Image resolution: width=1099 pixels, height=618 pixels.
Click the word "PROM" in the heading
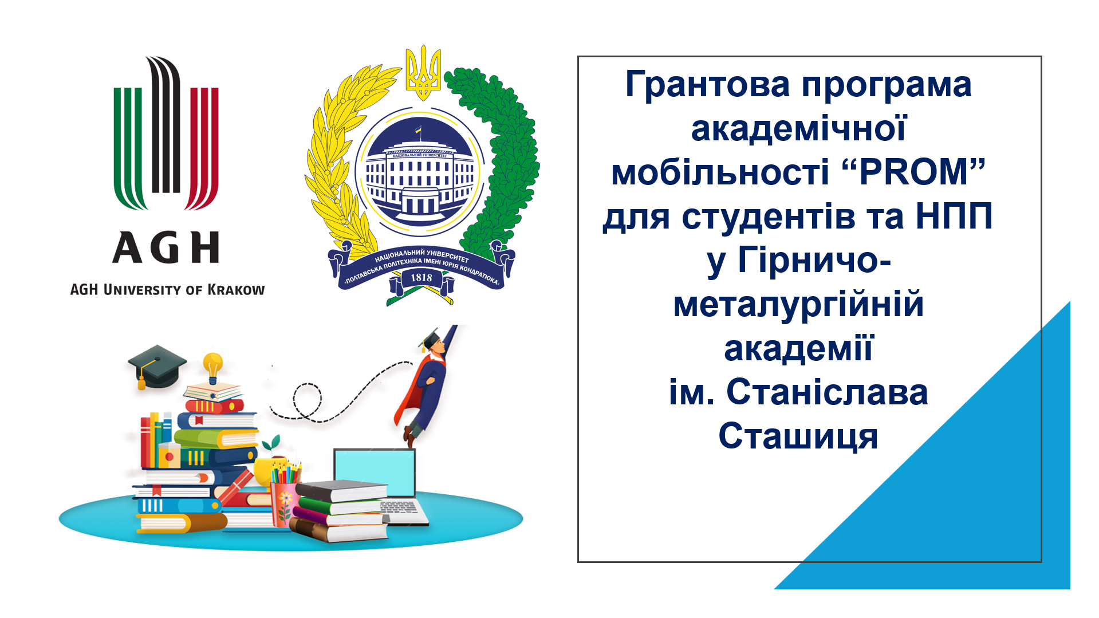pyautogui.click(x=914, y=172)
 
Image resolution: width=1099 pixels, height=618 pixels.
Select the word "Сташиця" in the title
pyautogui.click(x=798, y=436)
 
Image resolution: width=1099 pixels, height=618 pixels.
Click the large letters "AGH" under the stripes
pyautogui.click(x=166, y=248)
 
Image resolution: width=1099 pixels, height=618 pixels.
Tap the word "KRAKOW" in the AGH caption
pyautogui.click(x=236, y=290)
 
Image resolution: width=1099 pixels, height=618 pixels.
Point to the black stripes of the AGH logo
pyautogui.click(x=166, y=126)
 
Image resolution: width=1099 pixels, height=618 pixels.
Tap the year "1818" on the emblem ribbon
pyautogui.click(x=422, y=278)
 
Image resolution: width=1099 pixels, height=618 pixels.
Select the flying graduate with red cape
pyautogui.click(x=427, y=384)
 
